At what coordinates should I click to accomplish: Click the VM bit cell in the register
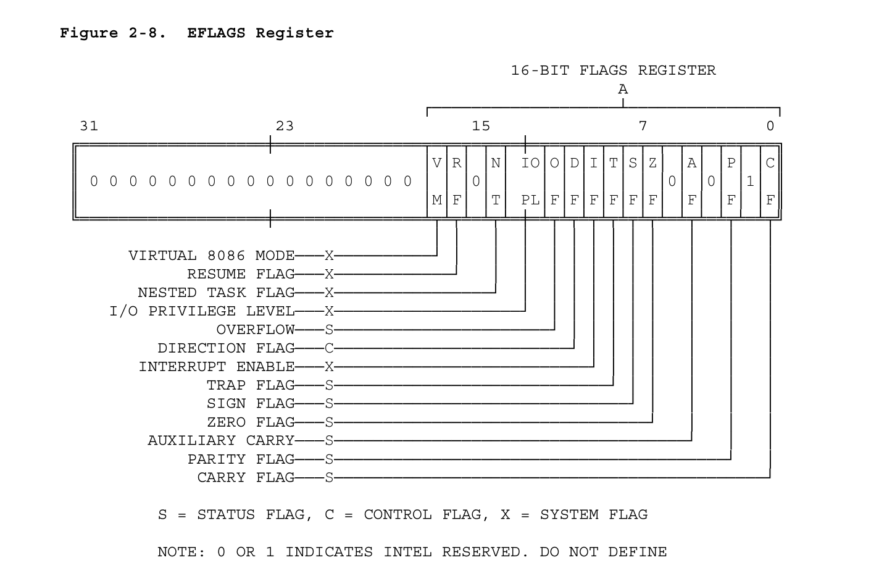(x=437, y=182)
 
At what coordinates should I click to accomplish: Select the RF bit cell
(x=457, y=182)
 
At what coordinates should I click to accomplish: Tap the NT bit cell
(x=496, y=182)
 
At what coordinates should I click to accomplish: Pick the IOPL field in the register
(x=525, y=182)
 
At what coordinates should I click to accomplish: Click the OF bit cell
(x=554, y=182)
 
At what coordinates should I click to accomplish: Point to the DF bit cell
(x=574, y=182)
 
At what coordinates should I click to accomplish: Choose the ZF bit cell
(x=652, y=182)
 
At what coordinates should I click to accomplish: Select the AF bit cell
(x=691, y=182)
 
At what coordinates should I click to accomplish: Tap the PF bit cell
(x=731, y=182)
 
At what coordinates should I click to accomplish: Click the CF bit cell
(x=770, y=182)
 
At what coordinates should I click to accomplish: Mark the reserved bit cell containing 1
(x=751, y=182)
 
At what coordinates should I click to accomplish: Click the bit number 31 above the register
(x=89, y=126)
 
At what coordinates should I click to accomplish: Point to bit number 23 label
(x=285, y=126)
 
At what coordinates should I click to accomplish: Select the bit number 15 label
(x=481, y=126)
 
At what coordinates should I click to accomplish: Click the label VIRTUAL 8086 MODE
(x=211, y=256)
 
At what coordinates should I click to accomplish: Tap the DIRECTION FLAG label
(x=226, y=348)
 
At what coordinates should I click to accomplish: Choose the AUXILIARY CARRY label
(x=221, y=441)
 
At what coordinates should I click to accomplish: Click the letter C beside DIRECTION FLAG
(x=329, y=348)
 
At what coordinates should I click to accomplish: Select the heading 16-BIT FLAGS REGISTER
(x=613, y=70)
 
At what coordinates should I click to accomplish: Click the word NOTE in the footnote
(x=177, y=552)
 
